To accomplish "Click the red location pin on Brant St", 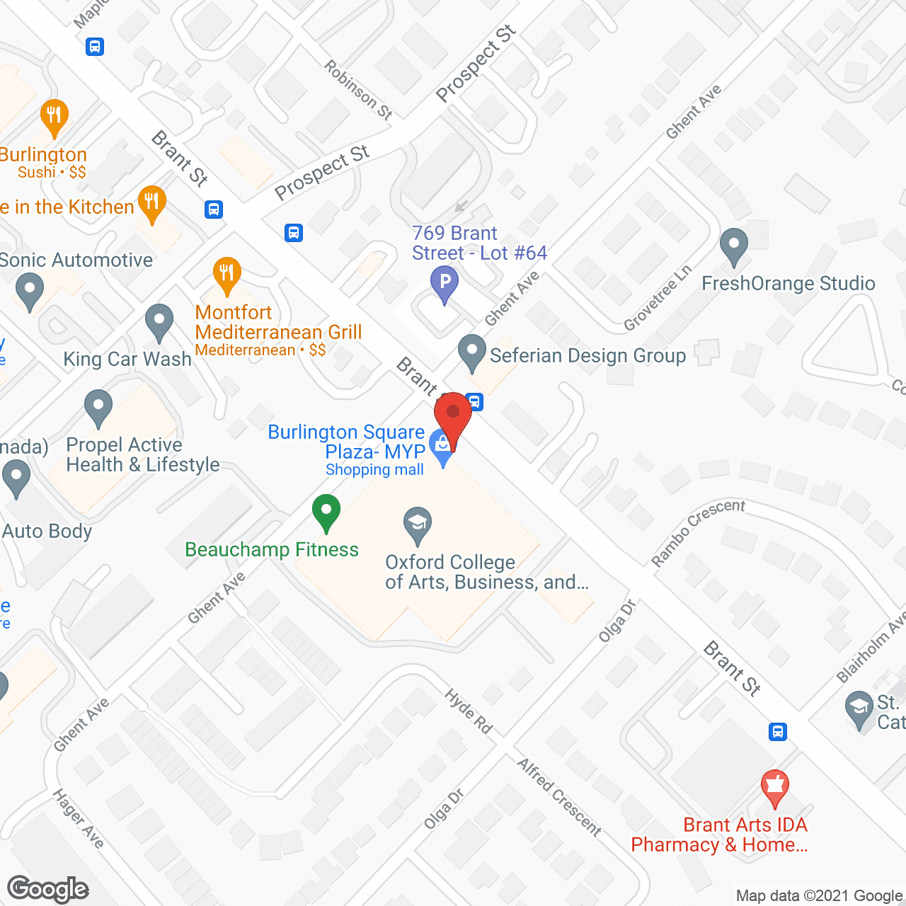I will tap(453, 415).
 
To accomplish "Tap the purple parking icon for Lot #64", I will tap(445, 283).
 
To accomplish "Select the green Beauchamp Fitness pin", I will tap(326, 511).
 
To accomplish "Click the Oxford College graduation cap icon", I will tap(418, 524).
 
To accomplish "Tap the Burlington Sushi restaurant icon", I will tap(55, 117).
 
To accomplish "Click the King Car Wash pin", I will tap(159, 321).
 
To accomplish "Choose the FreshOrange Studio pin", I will tap(733, 246).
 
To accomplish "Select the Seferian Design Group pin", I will tap(471, 352).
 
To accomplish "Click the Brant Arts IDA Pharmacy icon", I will tap(775, 787).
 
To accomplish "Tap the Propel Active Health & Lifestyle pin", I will tap(98, 407).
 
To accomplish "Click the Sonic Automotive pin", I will tap(29, 292).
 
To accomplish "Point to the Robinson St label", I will tap(358, 89).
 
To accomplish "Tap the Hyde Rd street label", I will tap(469, 711).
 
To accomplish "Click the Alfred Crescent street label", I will tap(559, 797).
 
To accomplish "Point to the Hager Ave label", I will tap(79, 818).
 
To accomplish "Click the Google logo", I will tap(48, 889).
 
